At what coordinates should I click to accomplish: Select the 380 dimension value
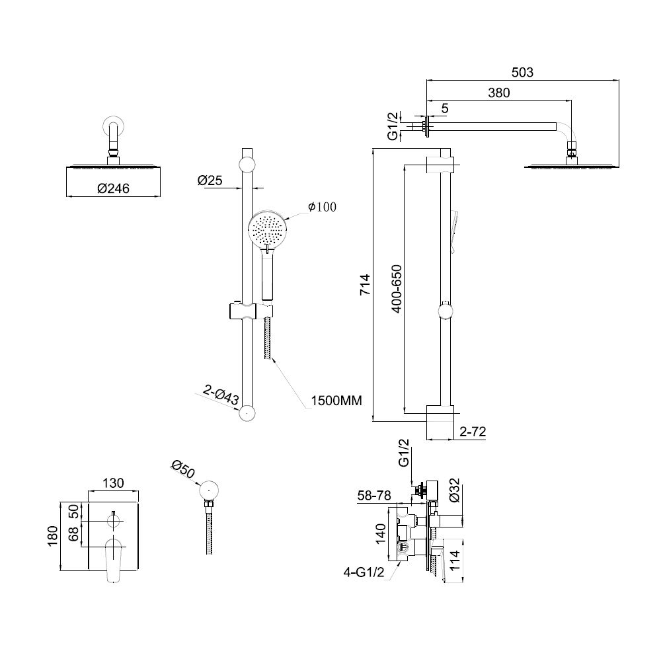pyautogui.click(x=499, y=93)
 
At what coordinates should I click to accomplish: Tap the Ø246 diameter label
pyautogui.click(x=112, y=188)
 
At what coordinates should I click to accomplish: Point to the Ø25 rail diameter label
pyautogui.click(x=209, y=180)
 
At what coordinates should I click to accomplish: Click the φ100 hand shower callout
pyautogui.click(x=322, y=207)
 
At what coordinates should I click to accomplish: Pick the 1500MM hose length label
pyautogui.click(x=336, y=401)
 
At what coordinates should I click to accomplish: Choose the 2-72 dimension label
pyautogui.click(x=474, y=432)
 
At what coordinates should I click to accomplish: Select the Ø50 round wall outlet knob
pyautogui.click(x=210, y=490)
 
